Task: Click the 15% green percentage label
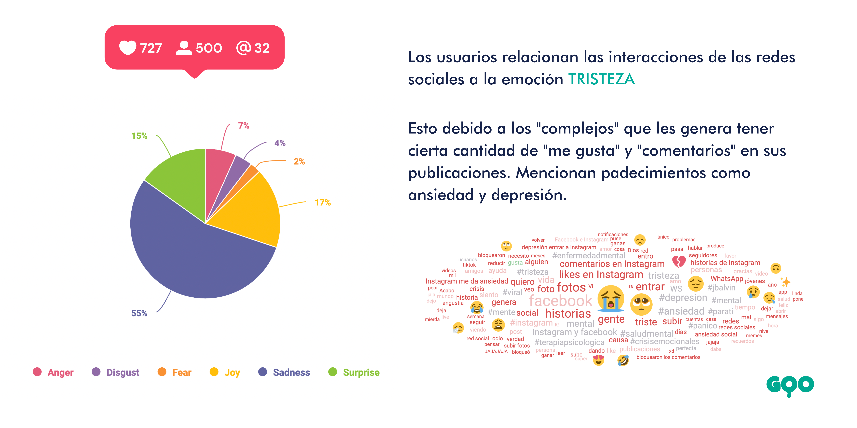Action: coord(139,136)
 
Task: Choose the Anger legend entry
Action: coord(60,373)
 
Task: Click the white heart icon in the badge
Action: coord(128,48)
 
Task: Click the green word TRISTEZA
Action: coord(601,79)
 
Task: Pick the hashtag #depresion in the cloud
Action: coord(683,298)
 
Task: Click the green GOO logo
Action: coord(790,386)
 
